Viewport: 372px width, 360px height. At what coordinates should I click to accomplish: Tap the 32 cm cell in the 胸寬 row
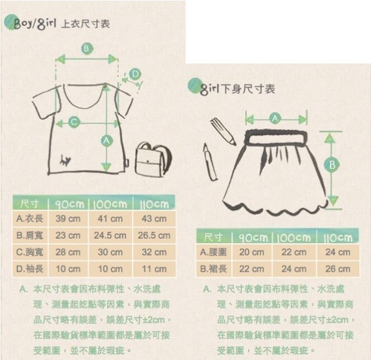pyautogui.click(x=154, y=253)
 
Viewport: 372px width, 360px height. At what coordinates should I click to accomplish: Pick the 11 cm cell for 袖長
pyautogui.click(x=154, y=270)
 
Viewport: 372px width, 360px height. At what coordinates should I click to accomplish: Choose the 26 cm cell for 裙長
pyautogui.click(x=338, y=270)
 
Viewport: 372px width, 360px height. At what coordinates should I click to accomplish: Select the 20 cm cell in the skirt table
pyautogui.click(x=252, y=253)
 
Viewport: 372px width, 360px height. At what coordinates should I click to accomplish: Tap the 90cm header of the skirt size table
pyautogui.click(x=252, y=237)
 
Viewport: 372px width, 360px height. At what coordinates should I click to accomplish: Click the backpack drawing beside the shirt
pyautogui.click(x=152, y=159)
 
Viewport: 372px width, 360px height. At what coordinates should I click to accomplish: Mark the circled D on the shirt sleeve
pyautogui.click(x=135, y=74)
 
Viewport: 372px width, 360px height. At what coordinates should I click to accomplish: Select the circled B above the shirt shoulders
pyautogui.click(x=86, y=48)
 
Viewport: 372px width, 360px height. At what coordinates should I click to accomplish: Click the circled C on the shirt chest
pyautogui.click(x=74, y=122)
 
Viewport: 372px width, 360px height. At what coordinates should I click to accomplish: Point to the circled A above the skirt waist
pyautogui.click(x=276, y=118)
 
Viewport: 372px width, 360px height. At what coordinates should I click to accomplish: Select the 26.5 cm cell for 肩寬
pyautogui.click(x=154, y=236)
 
